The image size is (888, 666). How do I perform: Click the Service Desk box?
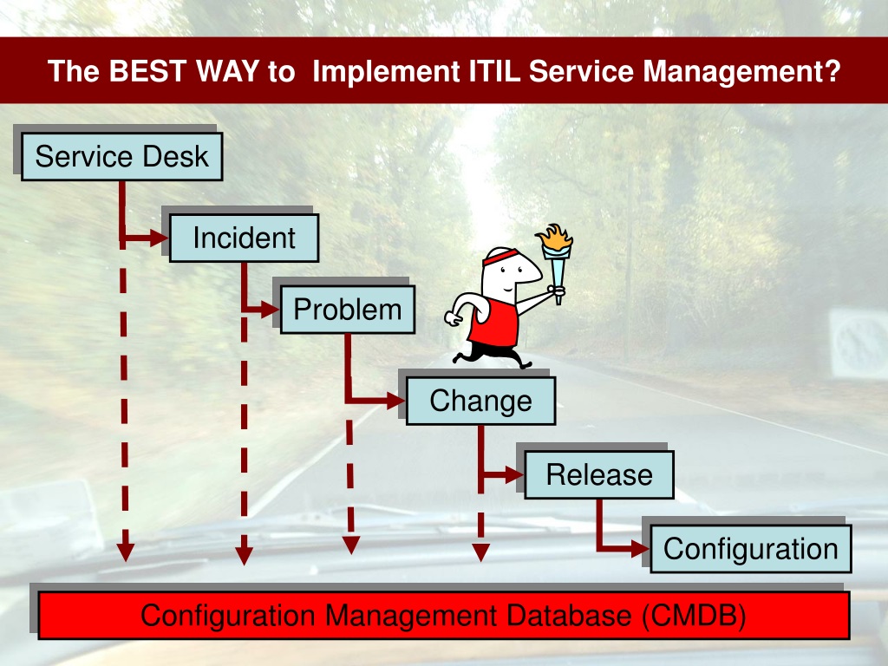tap(121, 157)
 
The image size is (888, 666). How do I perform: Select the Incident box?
tap(244, 238)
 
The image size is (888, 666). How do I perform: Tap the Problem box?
tap(348, 310)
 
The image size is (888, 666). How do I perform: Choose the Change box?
tap(480, 401)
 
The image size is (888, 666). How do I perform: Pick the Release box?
tap(599, 474)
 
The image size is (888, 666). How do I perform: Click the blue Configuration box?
tap(751, 549)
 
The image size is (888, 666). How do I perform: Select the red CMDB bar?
tap(444, 616)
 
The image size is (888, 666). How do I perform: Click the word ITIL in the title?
tap(494, 71)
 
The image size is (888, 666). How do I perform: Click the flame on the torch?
tap(556, 238)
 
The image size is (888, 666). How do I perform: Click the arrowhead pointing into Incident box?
tap(160, 238)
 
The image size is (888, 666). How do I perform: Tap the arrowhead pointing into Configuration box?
tap(641, 548)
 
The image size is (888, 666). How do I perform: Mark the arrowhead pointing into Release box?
tap(515, 474)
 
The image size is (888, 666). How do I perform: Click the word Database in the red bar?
tap(568, 616)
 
